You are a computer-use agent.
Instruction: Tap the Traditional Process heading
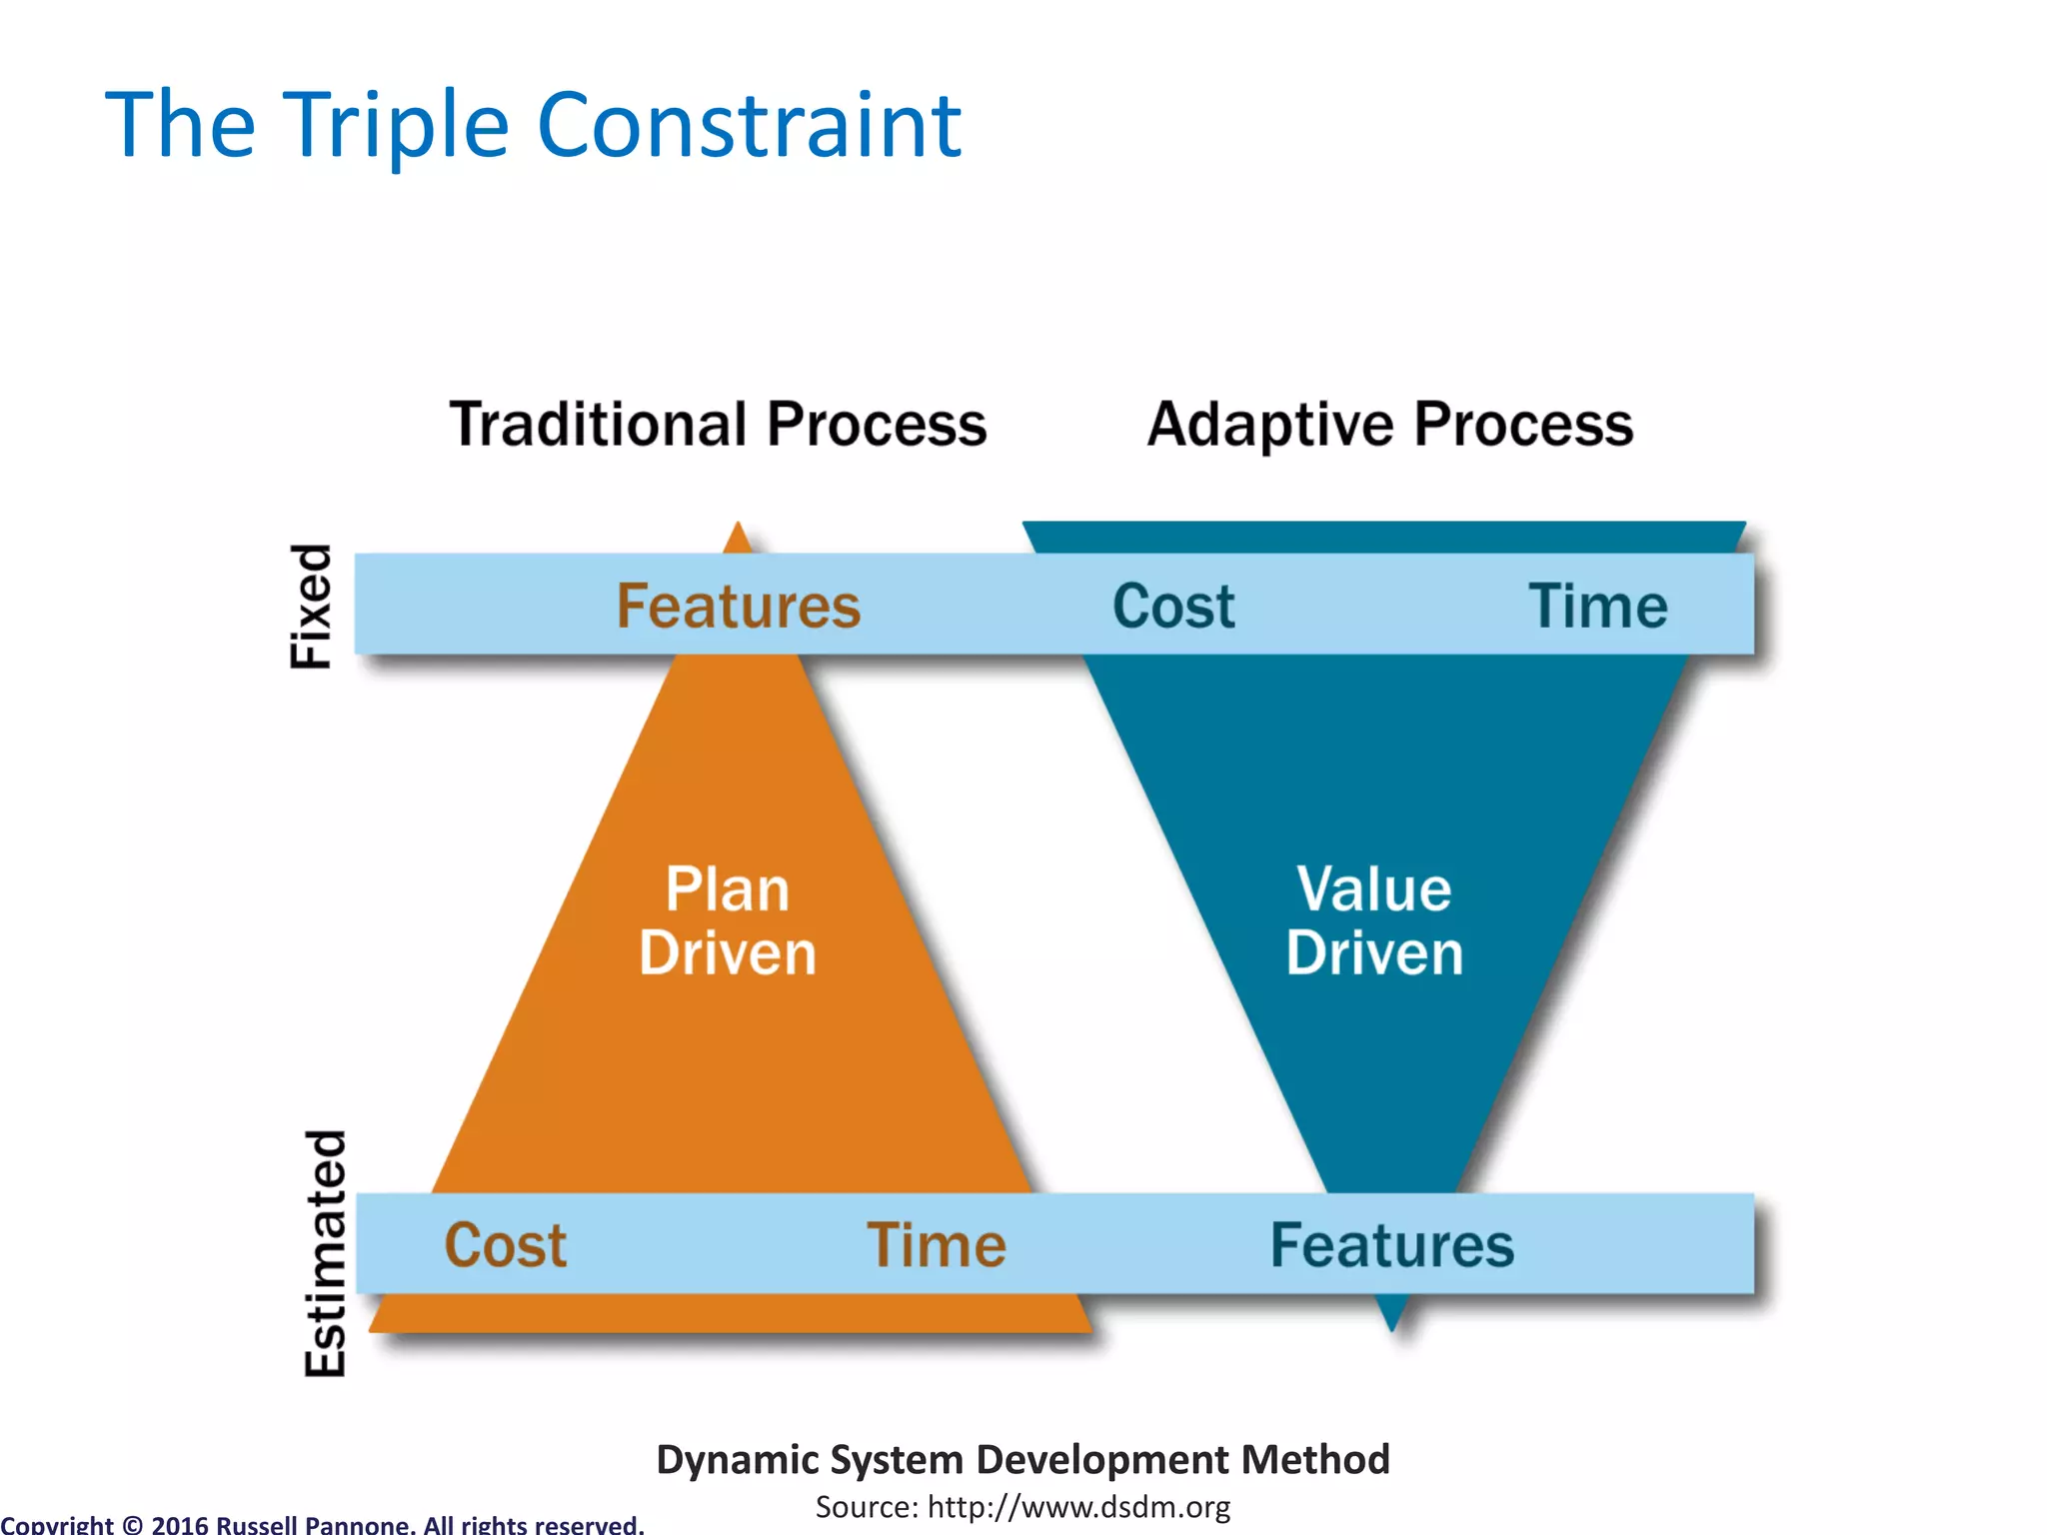(718, 424)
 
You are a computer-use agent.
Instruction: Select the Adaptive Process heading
(1389, 424)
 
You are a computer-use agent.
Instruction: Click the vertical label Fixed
(311, 606)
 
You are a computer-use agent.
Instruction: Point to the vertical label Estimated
(325, 1253)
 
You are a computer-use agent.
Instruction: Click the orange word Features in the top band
(738, 606)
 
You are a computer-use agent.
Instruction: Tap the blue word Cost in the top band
(1173, 606)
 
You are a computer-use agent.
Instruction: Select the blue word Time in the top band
(1597, 606)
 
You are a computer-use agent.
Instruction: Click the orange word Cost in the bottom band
(506, 1245)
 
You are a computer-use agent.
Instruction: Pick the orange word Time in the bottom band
(937, 1245)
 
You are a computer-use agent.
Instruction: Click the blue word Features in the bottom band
(1391, 1245)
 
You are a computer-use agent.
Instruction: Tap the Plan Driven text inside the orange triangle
(728, 920)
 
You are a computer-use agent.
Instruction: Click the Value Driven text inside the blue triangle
(1374, 920)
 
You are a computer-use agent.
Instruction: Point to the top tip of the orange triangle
(738, 530)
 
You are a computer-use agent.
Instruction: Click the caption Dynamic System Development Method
(1023, 1459)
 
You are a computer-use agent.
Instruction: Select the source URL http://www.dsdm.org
(1078, 1507)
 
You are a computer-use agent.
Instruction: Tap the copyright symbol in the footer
(132, 1525)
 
